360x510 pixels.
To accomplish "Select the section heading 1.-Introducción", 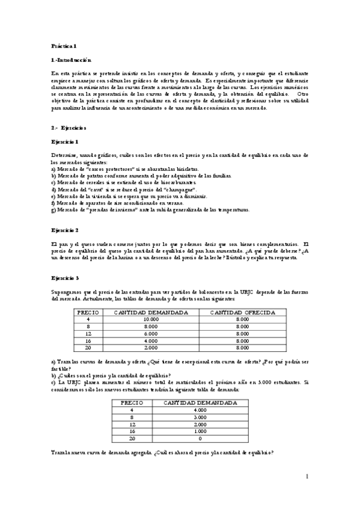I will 72,60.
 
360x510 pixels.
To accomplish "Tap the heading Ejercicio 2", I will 65,230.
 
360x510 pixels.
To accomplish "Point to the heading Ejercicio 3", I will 65,278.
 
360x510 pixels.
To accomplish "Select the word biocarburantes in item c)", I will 174,182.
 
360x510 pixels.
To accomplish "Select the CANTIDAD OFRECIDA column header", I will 242,313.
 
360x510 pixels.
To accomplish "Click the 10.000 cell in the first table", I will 151,319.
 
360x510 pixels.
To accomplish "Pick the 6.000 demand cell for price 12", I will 151,334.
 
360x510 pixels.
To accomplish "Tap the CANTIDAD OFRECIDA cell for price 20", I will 242,348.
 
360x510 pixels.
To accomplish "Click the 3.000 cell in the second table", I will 188,417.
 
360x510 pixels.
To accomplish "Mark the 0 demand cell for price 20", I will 188,438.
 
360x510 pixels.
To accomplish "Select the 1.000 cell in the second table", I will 188,431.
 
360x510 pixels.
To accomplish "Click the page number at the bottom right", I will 307,477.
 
